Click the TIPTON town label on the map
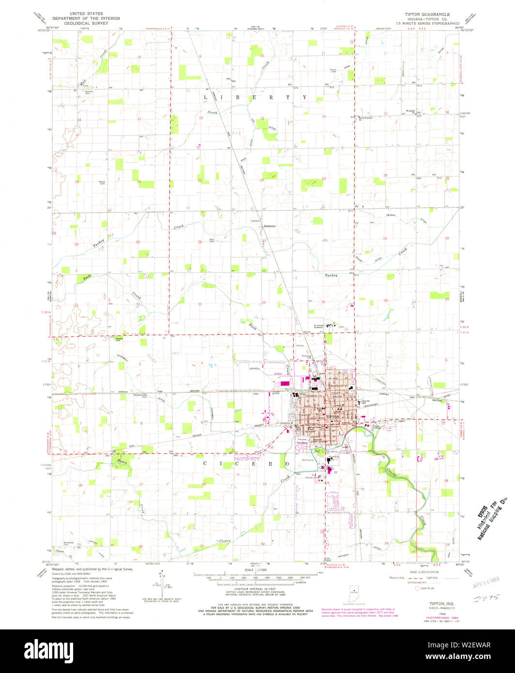(x=332, y=416)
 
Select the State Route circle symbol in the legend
(x=410, y=588)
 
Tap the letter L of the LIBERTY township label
(x=205, y=97)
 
